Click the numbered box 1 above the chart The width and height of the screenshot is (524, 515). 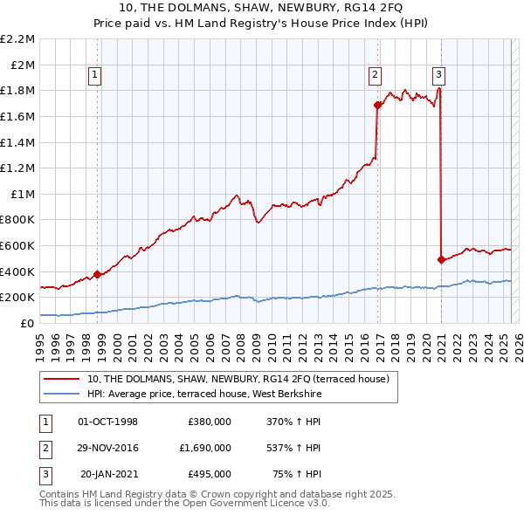tap(94, 75)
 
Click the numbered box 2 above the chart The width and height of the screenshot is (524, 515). tap(375, 75)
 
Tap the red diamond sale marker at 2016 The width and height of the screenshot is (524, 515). tap(377, 105)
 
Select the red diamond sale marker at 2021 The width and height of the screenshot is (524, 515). tap(441, 259)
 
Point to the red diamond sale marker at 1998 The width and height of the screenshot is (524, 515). tap(97, 274)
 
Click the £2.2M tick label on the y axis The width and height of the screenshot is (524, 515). tap(17, 39)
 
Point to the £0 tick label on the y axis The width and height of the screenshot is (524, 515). tap(27, 323)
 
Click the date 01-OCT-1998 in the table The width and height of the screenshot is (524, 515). tap(108, 422)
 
